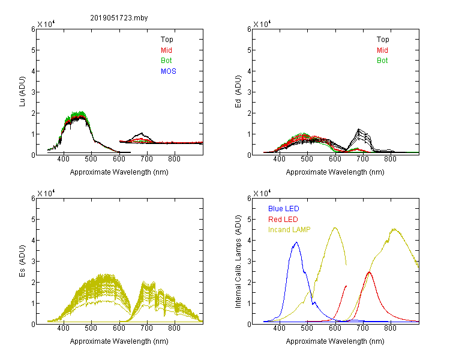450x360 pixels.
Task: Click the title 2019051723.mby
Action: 119,18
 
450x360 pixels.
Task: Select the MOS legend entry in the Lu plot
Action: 169,71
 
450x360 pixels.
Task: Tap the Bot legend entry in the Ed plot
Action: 382,61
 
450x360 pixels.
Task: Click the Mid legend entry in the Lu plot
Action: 166,50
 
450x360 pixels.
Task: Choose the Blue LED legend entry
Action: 284,209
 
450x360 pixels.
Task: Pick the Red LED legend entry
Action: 283,220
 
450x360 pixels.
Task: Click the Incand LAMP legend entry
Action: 289,230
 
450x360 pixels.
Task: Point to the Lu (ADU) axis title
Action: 22,91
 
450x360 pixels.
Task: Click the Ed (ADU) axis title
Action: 238,92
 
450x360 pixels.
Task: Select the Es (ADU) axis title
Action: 22,261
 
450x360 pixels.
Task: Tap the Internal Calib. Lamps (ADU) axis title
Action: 238,262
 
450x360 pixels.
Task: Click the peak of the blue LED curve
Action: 296,242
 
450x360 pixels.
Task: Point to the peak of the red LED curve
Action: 369,272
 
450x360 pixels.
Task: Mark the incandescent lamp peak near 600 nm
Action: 335,227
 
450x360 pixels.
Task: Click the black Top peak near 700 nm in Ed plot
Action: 358,129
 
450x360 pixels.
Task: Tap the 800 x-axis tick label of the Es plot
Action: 174,328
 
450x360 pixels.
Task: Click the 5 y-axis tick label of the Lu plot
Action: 33,50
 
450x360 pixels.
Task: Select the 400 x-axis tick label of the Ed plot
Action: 279,159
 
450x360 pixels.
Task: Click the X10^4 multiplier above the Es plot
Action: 46,193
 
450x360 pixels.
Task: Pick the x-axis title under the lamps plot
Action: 335,341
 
